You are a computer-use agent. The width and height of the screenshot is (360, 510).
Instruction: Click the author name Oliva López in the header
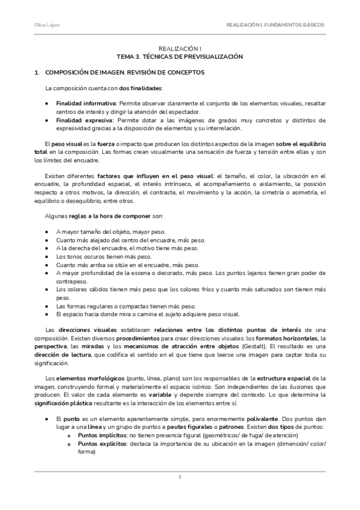coord(43,25)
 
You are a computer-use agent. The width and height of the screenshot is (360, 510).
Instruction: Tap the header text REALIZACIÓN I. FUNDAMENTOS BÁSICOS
coord(275,25)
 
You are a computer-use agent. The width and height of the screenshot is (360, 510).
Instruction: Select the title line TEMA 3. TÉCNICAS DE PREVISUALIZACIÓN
coord(180,55)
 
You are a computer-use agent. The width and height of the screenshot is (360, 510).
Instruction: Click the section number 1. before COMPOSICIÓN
coord(37,72)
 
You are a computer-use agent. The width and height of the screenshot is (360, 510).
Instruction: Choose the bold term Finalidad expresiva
coord(82,120)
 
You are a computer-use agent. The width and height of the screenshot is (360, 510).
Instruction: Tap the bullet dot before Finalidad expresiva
coord(47,120)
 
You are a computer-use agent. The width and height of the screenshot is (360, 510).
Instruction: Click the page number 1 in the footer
coord(180,478)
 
